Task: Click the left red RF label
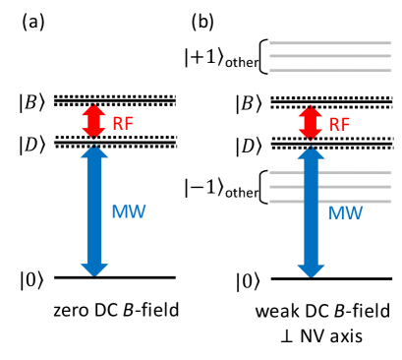click(123, 124)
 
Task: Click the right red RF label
click(339, 125)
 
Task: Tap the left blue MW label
click(128, 211)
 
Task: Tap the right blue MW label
click(345, 213)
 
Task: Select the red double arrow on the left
click(93, 121)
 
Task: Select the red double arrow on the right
click(310, 122)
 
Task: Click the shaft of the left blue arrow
click(94, 211)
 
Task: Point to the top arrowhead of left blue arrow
click(94, 151)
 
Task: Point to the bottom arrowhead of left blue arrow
click(94, 270)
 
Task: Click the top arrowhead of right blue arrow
click(311, 152)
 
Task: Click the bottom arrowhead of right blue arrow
click(311, 270)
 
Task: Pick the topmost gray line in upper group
click(330, 43)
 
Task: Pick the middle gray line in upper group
click(330, 56)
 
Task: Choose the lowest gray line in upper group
click(330, 70)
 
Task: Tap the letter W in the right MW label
click(354, 213)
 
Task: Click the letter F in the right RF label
click(345, 125)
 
